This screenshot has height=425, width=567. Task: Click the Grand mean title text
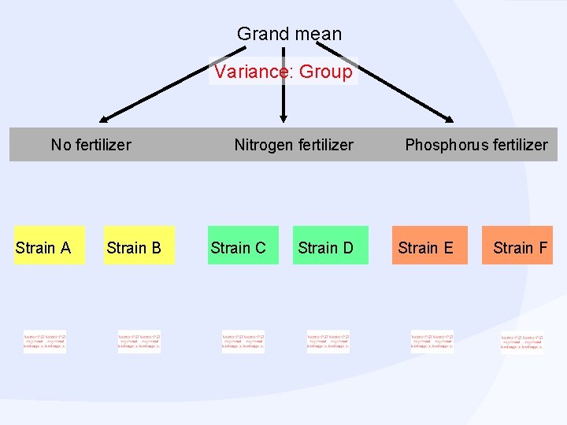[289, 34]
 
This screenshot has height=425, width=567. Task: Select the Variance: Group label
[283, 72]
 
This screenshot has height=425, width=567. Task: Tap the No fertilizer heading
[91, 145]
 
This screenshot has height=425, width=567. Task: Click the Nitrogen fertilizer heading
[294, 145]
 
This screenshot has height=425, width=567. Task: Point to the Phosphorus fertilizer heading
[476, 145]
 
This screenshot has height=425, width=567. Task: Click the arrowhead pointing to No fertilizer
[106, 119]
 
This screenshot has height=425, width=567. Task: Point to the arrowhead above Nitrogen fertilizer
[283, 118]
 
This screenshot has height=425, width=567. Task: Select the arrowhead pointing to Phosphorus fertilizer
[448, 119]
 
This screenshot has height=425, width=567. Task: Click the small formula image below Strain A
[45, 342]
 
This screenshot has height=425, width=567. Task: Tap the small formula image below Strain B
[139, 342]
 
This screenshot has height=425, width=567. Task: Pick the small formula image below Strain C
[243, 342]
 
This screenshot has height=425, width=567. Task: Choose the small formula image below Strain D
[328, 342]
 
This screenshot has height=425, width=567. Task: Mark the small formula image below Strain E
[432, 342]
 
